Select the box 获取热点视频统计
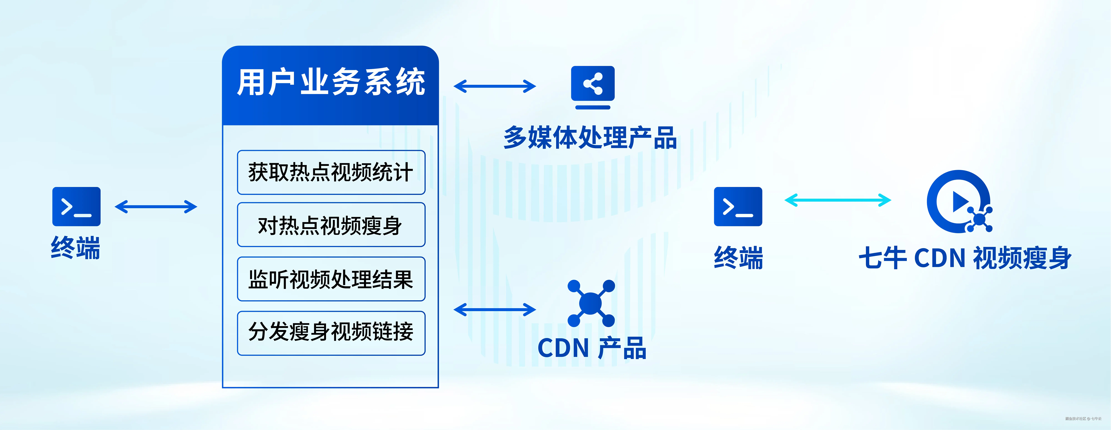[331, 172]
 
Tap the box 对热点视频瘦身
[331, 225]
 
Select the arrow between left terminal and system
[156, 207]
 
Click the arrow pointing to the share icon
[495, 86]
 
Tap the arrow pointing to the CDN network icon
[495, 309]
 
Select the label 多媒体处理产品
[590, 138]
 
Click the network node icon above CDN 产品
[591, 303]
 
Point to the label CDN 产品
[592, 348]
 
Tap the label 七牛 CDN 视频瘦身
[965, 258]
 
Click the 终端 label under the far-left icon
[76, 248]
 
